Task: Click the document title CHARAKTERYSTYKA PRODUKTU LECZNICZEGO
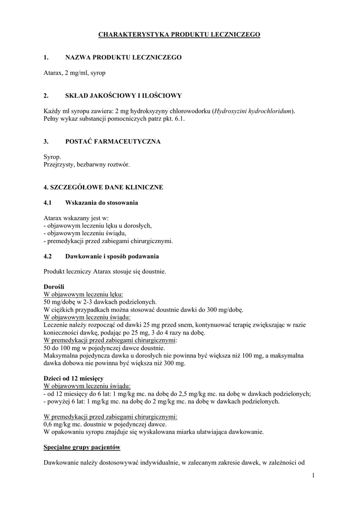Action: coord(180,35)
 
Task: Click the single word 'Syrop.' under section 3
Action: coord(53,157)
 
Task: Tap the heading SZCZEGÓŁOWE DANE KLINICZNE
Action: coord(103,187)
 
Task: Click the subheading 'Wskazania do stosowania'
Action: coord(102,203)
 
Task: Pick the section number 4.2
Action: coord(48,256)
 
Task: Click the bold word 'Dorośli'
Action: coord(54,287)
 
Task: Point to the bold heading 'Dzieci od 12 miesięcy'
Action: coord(74,379)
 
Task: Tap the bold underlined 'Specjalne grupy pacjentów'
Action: coord(82,447)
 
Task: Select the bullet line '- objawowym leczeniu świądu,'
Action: coord(85,233)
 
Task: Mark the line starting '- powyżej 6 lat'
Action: coord(162,401)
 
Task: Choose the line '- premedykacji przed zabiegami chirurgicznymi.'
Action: coord(108,241)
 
